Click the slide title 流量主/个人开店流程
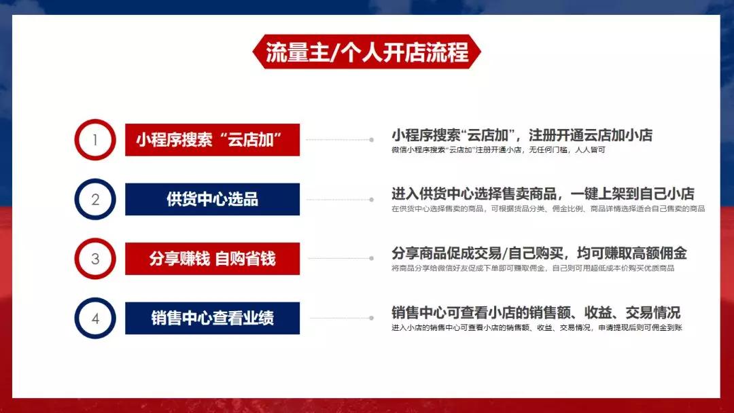point(367,53)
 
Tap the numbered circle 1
point(95,140)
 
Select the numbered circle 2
point(95,199)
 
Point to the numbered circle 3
point(95,258)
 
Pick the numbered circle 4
point(95,318)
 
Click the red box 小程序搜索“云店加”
point(212,140)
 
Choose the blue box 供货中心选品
point(212,199)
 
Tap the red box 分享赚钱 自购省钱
point(212,258)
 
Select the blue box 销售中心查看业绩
point(212,318)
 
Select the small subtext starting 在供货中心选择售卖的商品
point(548,209)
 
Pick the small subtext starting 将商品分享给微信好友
point(533,268)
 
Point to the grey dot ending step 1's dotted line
point(371,140)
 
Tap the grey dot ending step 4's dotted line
point(371,318)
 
